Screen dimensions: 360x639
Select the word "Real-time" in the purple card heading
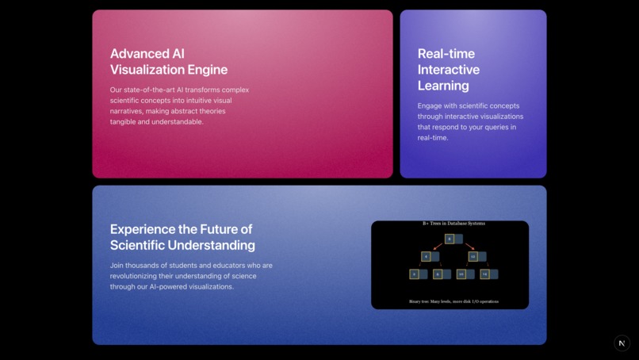446,54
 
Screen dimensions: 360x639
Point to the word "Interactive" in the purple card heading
449,70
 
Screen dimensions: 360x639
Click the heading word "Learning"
443,86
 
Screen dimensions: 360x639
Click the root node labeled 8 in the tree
450,239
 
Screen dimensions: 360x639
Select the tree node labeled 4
426,256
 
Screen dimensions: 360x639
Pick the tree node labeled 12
473,256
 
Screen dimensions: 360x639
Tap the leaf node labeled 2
414,274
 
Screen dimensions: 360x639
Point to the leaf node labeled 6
437,274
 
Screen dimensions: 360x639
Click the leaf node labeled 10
461,274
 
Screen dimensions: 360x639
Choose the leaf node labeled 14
484,274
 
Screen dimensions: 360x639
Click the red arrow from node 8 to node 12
469,247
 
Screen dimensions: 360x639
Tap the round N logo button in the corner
622,343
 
